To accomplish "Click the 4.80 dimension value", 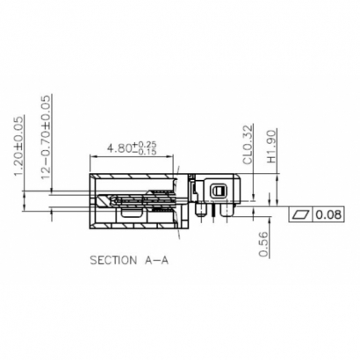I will click(x=121, y=147).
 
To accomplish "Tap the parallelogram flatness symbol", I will click(x=302, y=213).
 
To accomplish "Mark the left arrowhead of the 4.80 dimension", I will click(x=92, y=158).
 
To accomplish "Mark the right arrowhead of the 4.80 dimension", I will click(x=175, y=158).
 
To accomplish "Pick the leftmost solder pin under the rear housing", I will click(x=201, y=212).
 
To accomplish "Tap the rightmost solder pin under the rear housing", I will click(x=230, y=210).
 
